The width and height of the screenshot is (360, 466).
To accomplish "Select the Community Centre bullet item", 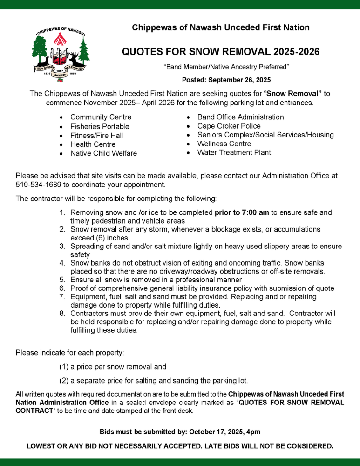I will click(x=101, y=117).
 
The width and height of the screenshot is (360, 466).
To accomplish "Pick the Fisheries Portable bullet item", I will click(x=100, y=126).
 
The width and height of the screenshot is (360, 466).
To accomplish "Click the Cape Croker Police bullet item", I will click(x=229, y=126).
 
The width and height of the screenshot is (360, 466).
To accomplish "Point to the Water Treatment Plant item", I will click(x=234, y=152).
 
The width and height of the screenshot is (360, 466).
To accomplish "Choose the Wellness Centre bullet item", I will click(x=224, y=144).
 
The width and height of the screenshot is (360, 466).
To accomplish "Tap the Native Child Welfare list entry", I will click(x=103, y=153).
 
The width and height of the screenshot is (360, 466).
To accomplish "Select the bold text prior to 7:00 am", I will click(x=242, y=212).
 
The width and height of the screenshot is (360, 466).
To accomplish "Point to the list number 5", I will click(x=62, y=280).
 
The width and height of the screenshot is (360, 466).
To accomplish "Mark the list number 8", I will click(x=62, y=314).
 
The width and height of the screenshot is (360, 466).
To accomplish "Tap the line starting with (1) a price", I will click(x=113, y=367).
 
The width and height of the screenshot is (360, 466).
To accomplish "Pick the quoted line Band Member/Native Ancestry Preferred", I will click(x=226, y=67).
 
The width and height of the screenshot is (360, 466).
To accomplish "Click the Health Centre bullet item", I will click(x=93, y=144).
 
